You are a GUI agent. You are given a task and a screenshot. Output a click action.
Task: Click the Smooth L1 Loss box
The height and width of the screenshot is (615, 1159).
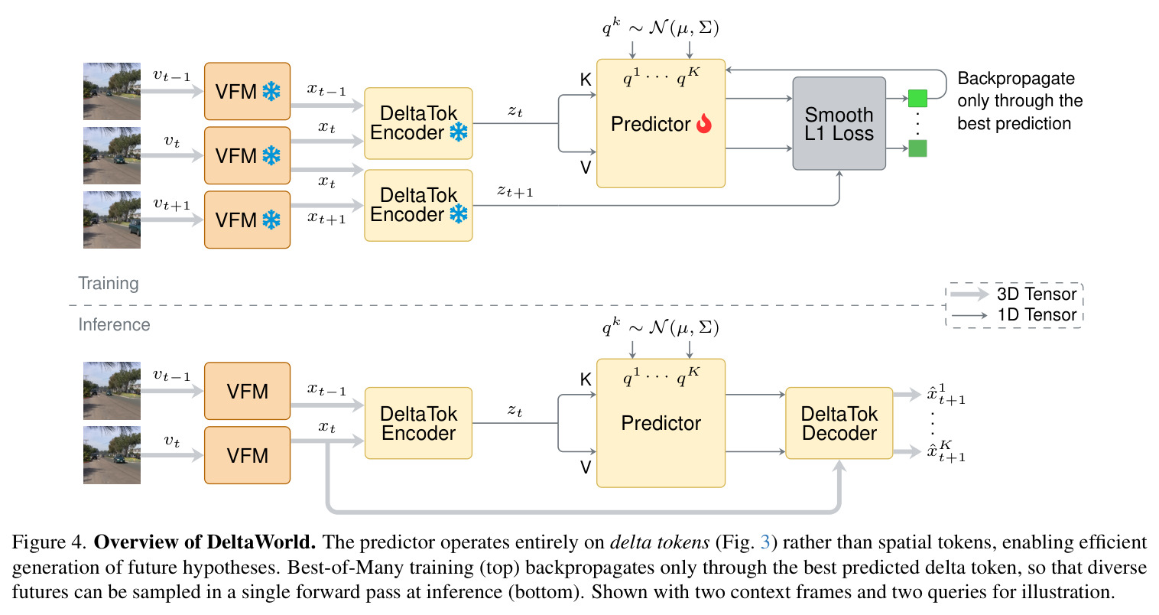[x=839, y=123]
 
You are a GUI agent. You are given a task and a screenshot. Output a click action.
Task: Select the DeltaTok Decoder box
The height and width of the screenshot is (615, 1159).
[x=839, y=423]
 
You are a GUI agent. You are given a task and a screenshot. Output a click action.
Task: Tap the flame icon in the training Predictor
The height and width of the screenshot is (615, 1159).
[x=704, y=124]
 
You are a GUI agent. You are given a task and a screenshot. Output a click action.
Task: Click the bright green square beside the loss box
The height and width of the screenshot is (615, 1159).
[x=917, y=98]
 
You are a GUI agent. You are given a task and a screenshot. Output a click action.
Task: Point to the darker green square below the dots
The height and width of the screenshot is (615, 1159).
[x=917, y=148]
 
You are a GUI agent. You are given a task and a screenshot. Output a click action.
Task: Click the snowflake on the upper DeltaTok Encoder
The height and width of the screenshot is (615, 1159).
[x=459, y=132]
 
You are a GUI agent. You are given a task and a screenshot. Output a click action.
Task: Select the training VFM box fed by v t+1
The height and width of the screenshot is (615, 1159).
[x=248, y=220]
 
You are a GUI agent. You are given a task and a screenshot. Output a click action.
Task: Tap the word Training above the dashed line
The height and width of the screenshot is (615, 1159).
[x=108, y=283]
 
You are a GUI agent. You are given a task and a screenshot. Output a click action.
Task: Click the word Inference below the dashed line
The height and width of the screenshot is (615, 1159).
[x=114, y=324]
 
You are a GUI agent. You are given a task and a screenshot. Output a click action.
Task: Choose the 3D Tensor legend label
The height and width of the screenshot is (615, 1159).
[x=1037, y=294]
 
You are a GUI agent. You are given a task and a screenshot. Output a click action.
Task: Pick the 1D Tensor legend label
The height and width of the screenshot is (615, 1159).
[x=1037, y=314]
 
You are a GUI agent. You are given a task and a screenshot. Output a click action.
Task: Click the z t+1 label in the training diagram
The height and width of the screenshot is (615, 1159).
[x=515, y=191]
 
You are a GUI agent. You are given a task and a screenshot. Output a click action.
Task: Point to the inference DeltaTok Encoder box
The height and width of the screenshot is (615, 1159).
[x=418, y=423]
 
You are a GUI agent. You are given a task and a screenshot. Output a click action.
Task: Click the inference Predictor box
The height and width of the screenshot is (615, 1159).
[x=661, y=423]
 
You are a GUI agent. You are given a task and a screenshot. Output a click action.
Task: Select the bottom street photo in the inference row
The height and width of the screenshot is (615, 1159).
[x=112, y=455]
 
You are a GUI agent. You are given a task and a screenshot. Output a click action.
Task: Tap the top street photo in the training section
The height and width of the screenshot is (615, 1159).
[x=112, y=91]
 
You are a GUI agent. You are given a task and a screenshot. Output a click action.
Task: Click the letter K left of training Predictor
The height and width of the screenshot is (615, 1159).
[x=585, y=80]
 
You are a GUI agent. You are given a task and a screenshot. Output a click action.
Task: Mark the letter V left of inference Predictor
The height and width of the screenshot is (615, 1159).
[x=585, y=467]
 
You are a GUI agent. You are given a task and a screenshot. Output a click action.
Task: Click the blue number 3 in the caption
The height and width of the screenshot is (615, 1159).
[x=765, y=542]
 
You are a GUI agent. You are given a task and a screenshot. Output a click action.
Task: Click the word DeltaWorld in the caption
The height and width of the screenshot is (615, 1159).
[x=261, y=542]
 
